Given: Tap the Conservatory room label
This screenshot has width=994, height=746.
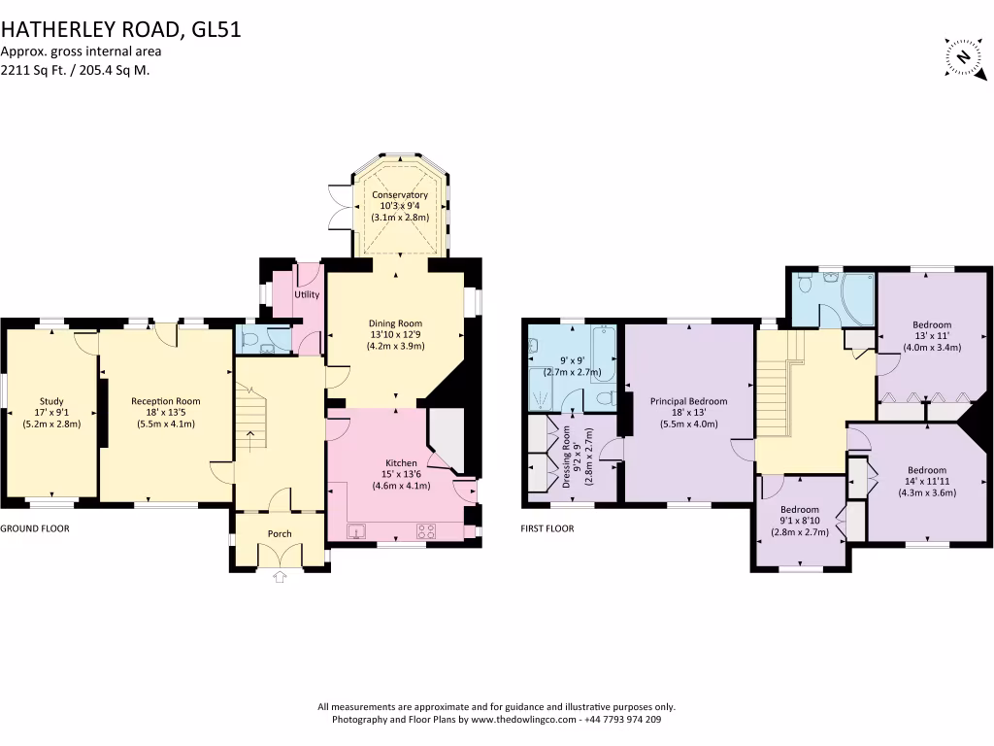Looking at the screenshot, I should (399, 195).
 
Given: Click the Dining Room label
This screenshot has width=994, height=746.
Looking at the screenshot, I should (394, 323).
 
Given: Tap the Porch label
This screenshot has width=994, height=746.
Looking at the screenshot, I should (280, 533).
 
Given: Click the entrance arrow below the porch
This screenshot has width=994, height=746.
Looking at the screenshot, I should (281, 577).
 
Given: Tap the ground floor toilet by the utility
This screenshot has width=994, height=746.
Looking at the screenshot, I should (249, 340).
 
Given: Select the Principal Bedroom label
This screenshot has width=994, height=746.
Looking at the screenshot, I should (687, 400).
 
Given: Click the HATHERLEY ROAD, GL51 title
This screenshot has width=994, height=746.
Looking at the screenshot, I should (120, 29).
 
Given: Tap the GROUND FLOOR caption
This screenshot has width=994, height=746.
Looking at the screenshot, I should (35, 528).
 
